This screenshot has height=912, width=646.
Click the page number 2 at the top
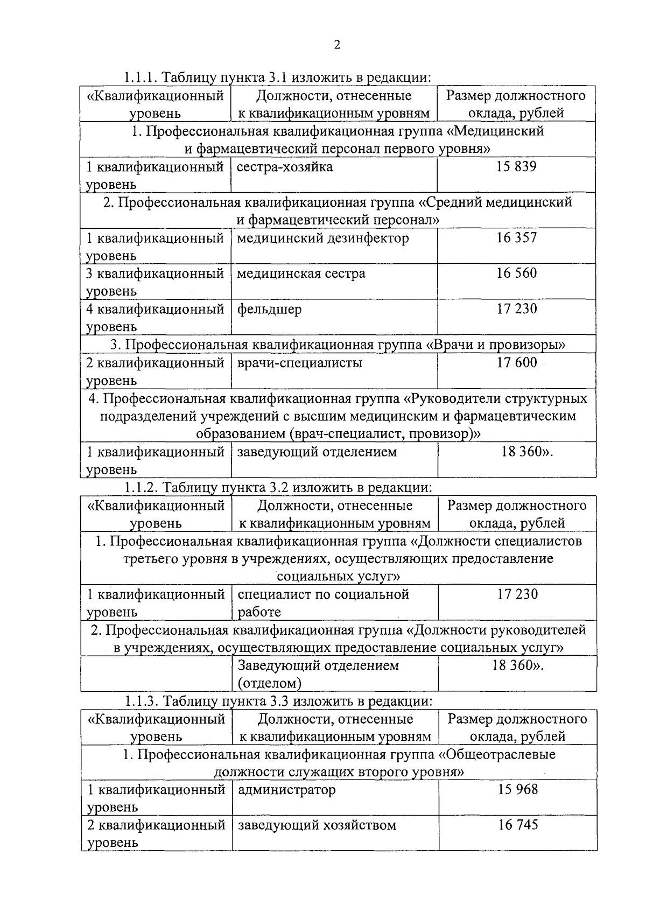click(x=338, y=45)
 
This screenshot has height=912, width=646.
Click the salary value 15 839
click(x=516, y=166)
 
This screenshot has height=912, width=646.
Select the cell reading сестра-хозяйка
click(x=285, y=167)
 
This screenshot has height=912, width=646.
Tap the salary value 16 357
click(x=516, y=238)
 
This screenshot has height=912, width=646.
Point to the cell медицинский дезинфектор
click(x=323, y=238)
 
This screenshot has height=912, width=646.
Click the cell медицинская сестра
click(x=301, y=273)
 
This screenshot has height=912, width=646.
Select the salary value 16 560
click(x=516, y=273)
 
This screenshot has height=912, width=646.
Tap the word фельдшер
click(x=269, y=310)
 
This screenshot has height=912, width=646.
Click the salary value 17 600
click(x=516, y=363)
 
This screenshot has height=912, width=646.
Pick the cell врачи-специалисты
click(x=300, y=363)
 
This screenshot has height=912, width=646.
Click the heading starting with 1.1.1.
click(x=278, y=78)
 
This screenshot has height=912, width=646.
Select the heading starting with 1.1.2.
click(x=278, y=487)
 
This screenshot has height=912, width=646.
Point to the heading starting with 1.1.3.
click(x=278, y=701)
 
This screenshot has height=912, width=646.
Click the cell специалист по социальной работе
click(x=323, y=602)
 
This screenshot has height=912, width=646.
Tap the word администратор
click(x=287, y=790)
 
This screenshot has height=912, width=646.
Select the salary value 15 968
click(x=517, y=790)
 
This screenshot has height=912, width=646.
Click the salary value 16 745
click(x=517, y=825)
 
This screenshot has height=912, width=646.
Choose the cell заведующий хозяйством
click(x=317, y=825)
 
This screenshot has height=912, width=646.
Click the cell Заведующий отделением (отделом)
click(x=318, y=674)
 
